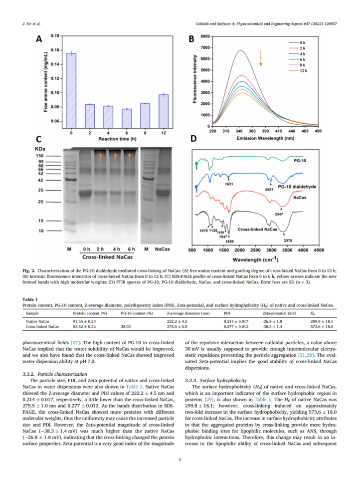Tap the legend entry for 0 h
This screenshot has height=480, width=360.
(306, 42)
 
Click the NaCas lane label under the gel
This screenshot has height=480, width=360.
(162, 249)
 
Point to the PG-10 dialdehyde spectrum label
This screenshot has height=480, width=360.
(297, 187)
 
